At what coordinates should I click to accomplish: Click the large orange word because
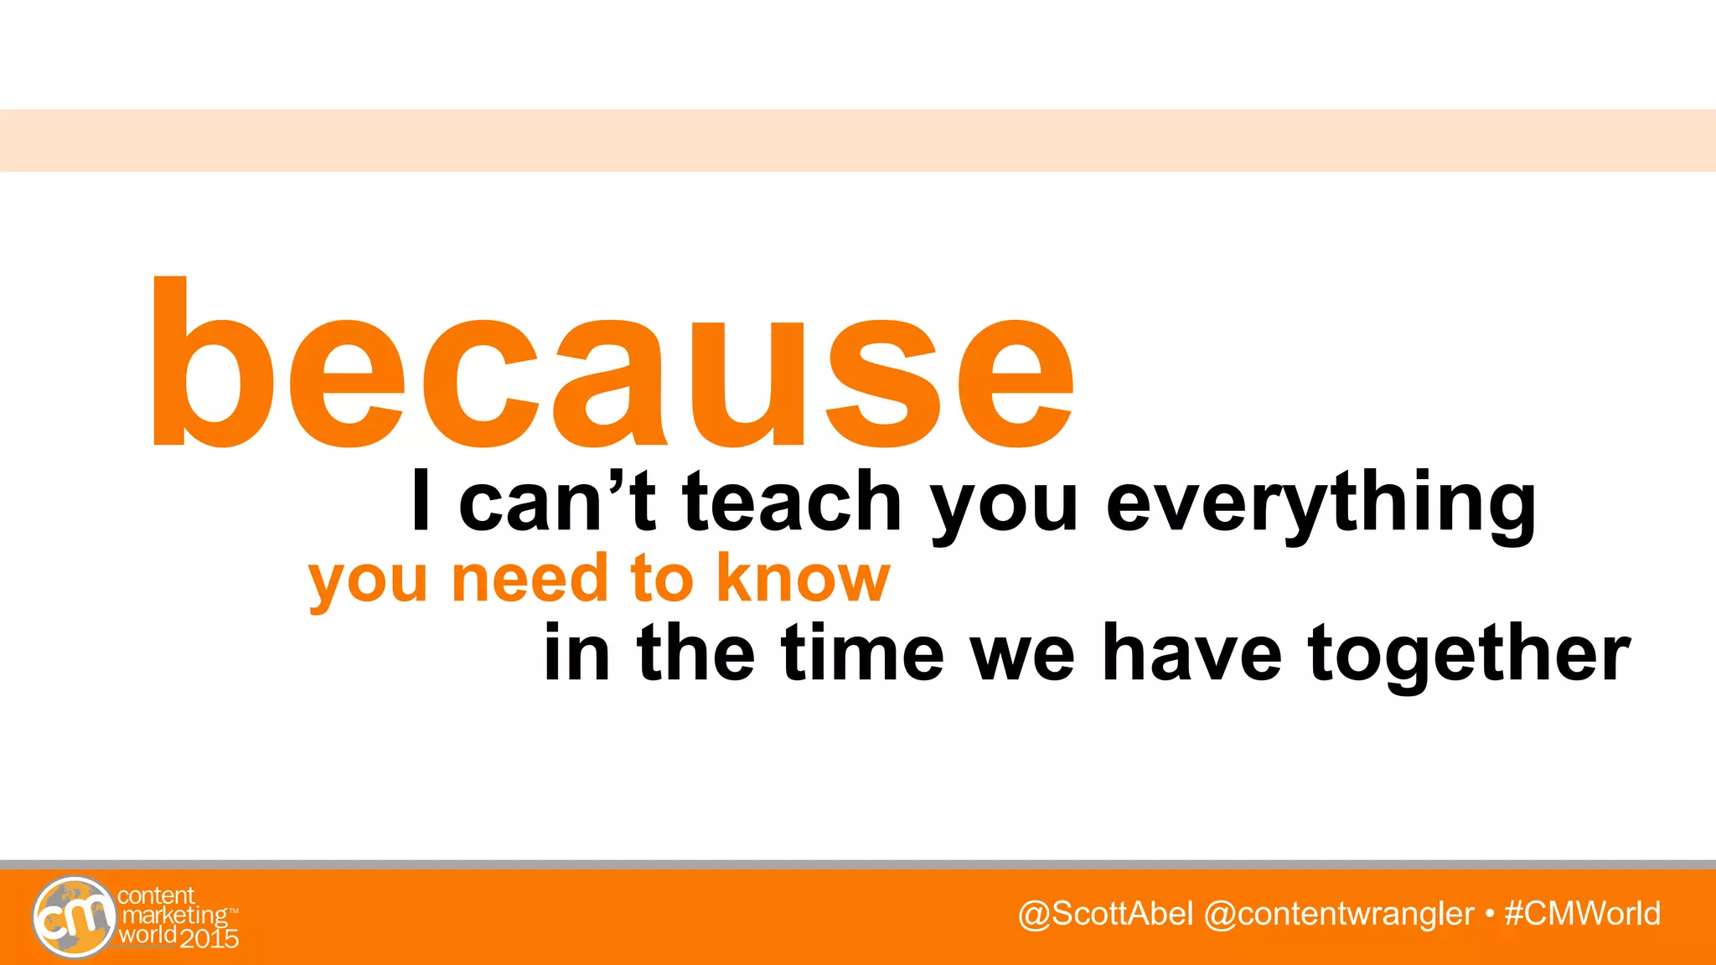(612, 369)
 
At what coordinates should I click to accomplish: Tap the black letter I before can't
(421, 501)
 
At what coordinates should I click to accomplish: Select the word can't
(556, 501)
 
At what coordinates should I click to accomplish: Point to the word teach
(792, 501)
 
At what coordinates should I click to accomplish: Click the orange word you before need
(369, 580)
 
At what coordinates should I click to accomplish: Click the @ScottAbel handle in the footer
(1105, 914)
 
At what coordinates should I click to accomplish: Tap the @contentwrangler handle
(1338, 914)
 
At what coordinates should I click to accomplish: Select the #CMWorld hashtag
(1582, 914)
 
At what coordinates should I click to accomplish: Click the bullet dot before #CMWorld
(1489, 914)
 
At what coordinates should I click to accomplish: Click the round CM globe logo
(74, 917)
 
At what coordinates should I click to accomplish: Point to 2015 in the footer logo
(209, 938)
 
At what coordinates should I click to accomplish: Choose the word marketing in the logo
(174, 916)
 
